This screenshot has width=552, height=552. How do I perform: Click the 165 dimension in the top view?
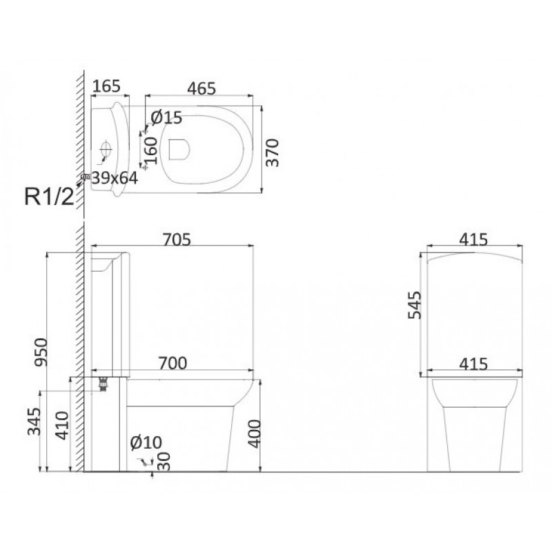107,86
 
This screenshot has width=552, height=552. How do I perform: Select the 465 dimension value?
201,88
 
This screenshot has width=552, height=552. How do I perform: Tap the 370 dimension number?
273,152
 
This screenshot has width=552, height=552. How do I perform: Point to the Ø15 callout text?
166,117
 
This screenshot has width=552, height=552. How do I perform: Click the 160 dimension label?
151,150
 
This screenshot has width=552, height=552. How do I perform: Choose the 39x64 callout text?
115,178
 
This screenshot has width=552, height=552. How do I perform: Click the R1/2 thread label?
49,197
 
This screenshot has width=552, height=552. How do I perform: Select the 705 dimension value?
177,239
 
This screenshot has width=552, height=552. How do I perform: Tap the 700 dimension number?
172,363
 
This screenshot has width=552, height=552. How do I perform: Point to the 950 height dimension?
41,352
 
